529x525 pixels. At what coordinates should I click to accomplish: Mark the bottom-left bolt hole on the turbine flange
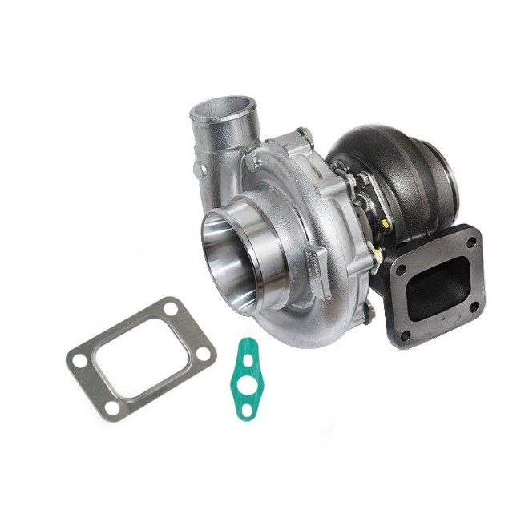404,336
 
